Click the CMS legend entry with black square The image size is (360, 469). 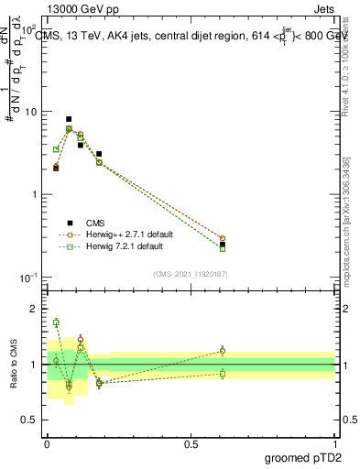pos(95,223)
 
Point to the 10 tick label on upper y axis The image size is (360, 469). pos(29,112)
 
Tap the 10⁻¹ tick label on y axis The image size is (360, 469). pos(27,278)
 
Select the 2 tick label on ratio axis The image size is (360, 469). pos(34,309)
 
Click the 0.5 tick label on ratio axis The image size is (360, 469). pos(29,420)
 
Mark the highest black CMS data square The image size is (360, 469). pos(69,119)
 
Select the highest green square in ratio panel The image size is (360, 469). pos(56,322)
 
